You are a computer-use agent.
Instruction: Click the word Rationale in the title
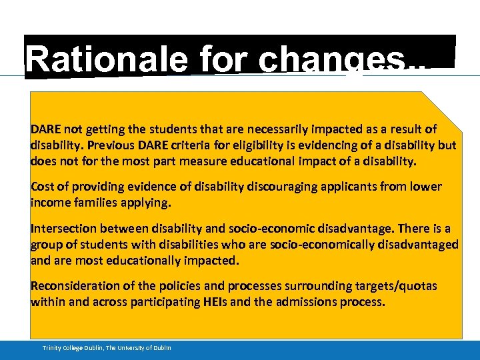coord(109,61)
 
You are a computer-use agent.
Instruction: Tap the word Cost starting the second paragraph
coord(43,187)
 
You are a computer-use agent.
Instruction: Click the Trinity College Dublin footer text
coord(107,348)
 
